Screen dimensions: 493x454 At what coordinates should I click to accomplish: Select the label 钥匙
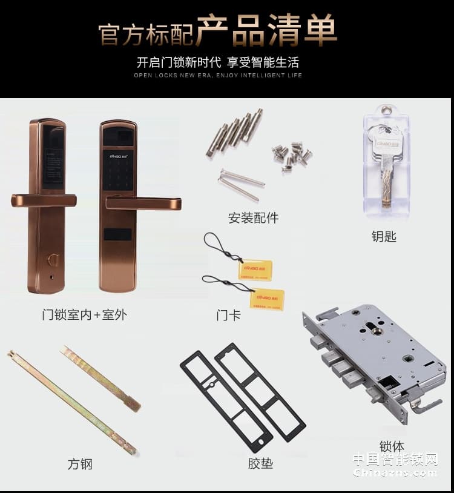pos(384,236)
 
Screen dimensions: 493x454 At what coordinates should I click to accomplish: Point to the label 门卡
pos(228,315)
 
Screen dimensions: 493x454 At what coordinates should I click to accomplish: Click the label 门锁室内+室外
pos(84,314)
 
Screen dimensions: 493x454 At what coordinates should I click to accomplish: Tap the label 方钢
pos(80,464)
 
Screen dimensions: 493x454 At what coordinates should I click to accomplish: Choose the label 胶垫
pos(260,464)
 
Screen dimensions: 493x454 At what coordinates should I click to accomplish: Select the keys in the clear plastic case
pos(385,164)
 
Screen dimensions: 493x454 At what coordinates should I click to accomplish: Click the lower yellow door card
pos(266,299)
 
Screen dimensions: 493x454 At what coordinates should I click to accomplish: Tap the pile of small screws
pos(291,156)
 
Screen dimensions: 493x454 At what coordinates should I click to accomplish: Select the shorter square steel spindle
pos(101,378)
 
